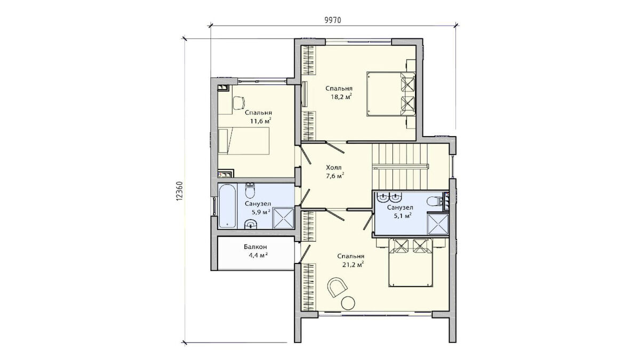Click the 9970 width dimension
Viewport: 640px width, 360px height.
(x=333, y=20)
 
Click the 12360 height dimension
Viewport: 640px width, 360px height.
(x=179, y=191)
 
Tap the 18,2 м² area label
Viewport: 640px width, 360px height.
(x=341, y=97)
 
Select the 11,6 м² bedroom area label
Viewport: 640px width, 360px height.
(x=261, y=121)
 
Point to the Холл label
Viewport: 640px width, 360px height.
(x=334, y=167)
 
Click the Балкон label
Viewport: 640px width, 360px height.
(x=255, y=246)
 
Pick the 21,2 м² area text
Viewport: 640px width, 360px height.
(x=353, y=265)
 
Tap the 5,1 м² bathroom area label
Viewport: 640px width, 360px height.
(x=403, y=215)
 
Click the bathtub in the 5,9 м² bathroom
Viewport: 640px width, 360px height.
(x=227, y=206)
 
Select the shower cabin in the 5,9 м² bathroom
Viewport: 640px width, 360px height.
(x=284, y=219)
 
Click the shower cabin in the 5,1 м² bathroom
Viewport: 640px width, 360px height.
(x=438, y=223)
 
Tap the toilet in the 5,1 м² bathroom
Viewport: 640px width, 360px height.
(x=435, y=201)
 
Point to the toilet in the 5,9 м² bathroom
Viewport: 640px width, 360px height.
(x=250, y=190)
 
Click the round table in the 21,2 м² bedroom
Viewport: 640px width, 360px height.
(x=348, y=302)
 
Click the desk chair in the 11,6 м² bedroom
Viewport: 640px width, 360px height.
(x=238, y=103)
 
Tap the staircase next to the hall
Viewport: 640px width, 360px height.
(x=399, y=166)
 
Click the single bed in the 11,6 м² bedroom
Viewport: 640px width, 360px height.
(x=244, y=141)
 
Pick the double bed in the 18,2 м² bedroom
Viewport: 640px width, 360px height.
(x=391, y=94)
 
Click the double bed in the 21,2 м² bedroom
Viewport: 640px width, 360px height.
(x=410, y=262)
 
